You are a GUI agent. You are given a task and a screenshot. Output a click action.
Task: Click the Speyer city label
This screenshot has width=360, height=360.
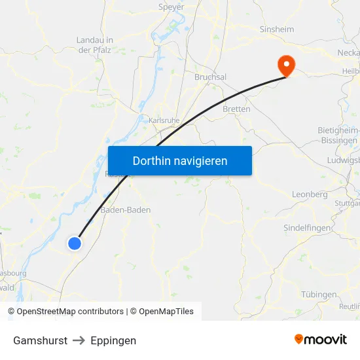171,7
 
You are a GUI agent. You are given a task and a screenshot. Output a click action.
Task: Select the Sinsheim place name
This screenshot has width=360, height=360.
276,29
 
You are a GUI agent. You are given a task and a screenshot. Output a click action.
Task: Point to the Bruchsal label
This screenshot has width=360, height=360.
210,77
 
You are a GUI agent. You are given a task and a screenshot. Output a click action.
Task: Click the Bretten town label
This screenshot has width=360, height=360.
236,109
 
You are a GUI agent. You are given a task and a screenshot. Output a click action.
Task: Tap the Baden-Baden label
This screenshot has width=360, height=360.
126,210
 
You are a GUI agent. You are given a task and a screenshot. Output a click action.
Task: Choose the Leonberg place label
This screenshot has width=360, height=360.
309,194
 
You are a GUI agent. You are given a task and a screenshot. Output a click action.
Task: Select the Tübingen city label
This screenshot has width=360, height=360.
319,295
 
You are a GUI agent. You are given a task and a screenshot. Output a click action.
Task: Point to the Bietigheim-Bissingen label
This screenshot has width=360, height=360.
338,135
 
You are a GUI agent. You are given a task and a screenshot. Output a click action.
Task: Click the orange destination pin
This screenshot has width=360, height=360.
286,64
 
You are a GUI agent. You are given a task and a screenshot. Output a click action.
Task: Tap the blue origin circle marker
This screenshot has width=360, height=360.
75,243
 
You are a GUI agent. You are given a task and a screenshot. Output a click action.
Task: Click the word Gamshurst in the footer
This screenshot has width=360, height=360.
39,340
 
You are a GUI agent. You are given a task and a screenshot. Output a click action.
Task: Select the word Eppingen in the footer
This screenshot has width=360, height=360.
113,340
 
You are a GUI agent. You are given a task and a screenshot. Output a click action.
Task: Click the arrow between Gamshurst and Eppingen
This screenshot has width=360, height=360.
79,340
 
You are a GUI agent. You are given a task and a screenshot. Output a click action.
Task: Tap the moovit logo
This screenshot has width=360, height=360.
320,340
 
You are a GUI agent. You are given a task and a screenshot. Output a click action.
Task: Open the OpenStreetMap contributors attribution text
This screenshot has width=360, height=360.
70,312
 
